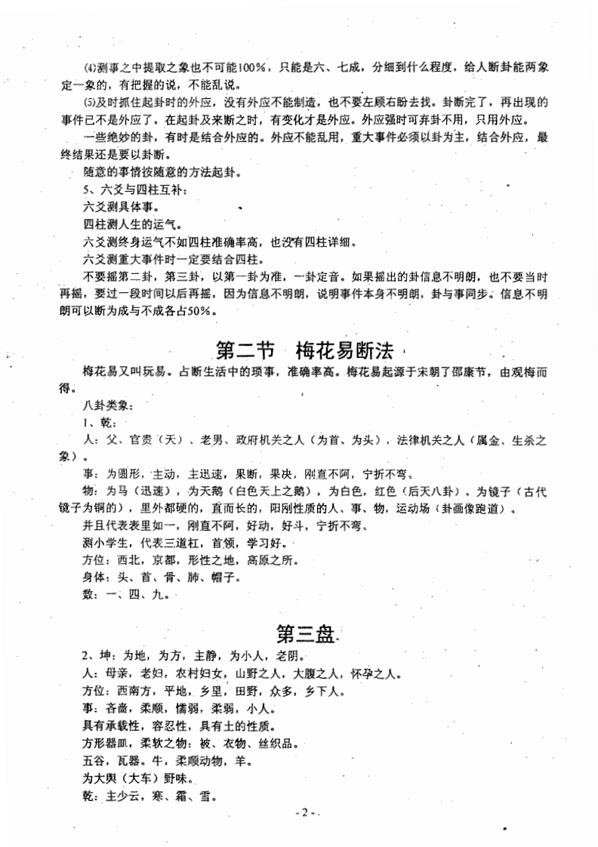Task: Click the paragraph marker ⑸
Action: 91,102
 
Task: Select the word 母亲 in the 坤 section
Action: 116,673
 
